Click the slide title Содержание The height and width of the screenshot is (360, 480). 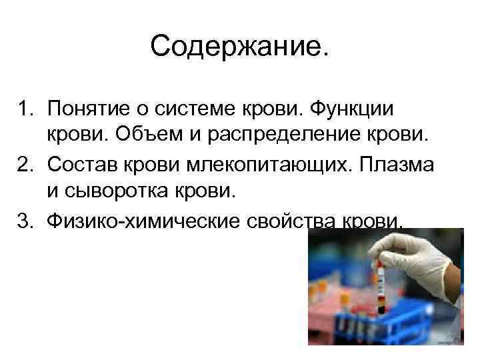point(240,46)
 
